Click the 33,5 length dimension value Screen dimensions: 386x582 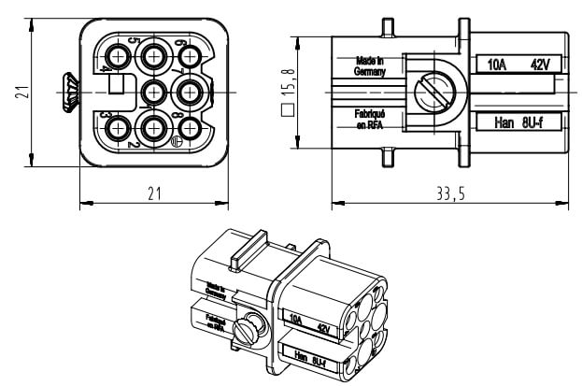(x=450, y=193)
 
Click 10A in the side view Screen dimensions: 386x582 (x=498, y=64)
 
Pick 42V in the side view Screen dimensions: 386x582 (x=539, y=64)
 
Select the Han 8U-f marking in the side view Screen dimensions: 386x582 (x=518, y=122)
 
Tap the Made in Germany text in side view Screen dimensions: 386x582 (x=369, y=64)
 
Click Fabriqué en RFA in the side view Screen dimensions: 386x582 (x=368, y=119)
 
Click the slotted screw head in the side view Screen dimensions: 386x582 (x=432, y=92)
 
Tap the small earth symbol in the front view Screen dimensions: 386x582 (x=176, y=141)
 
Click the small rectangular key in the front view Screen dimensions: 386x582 (x=118, y=85)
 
